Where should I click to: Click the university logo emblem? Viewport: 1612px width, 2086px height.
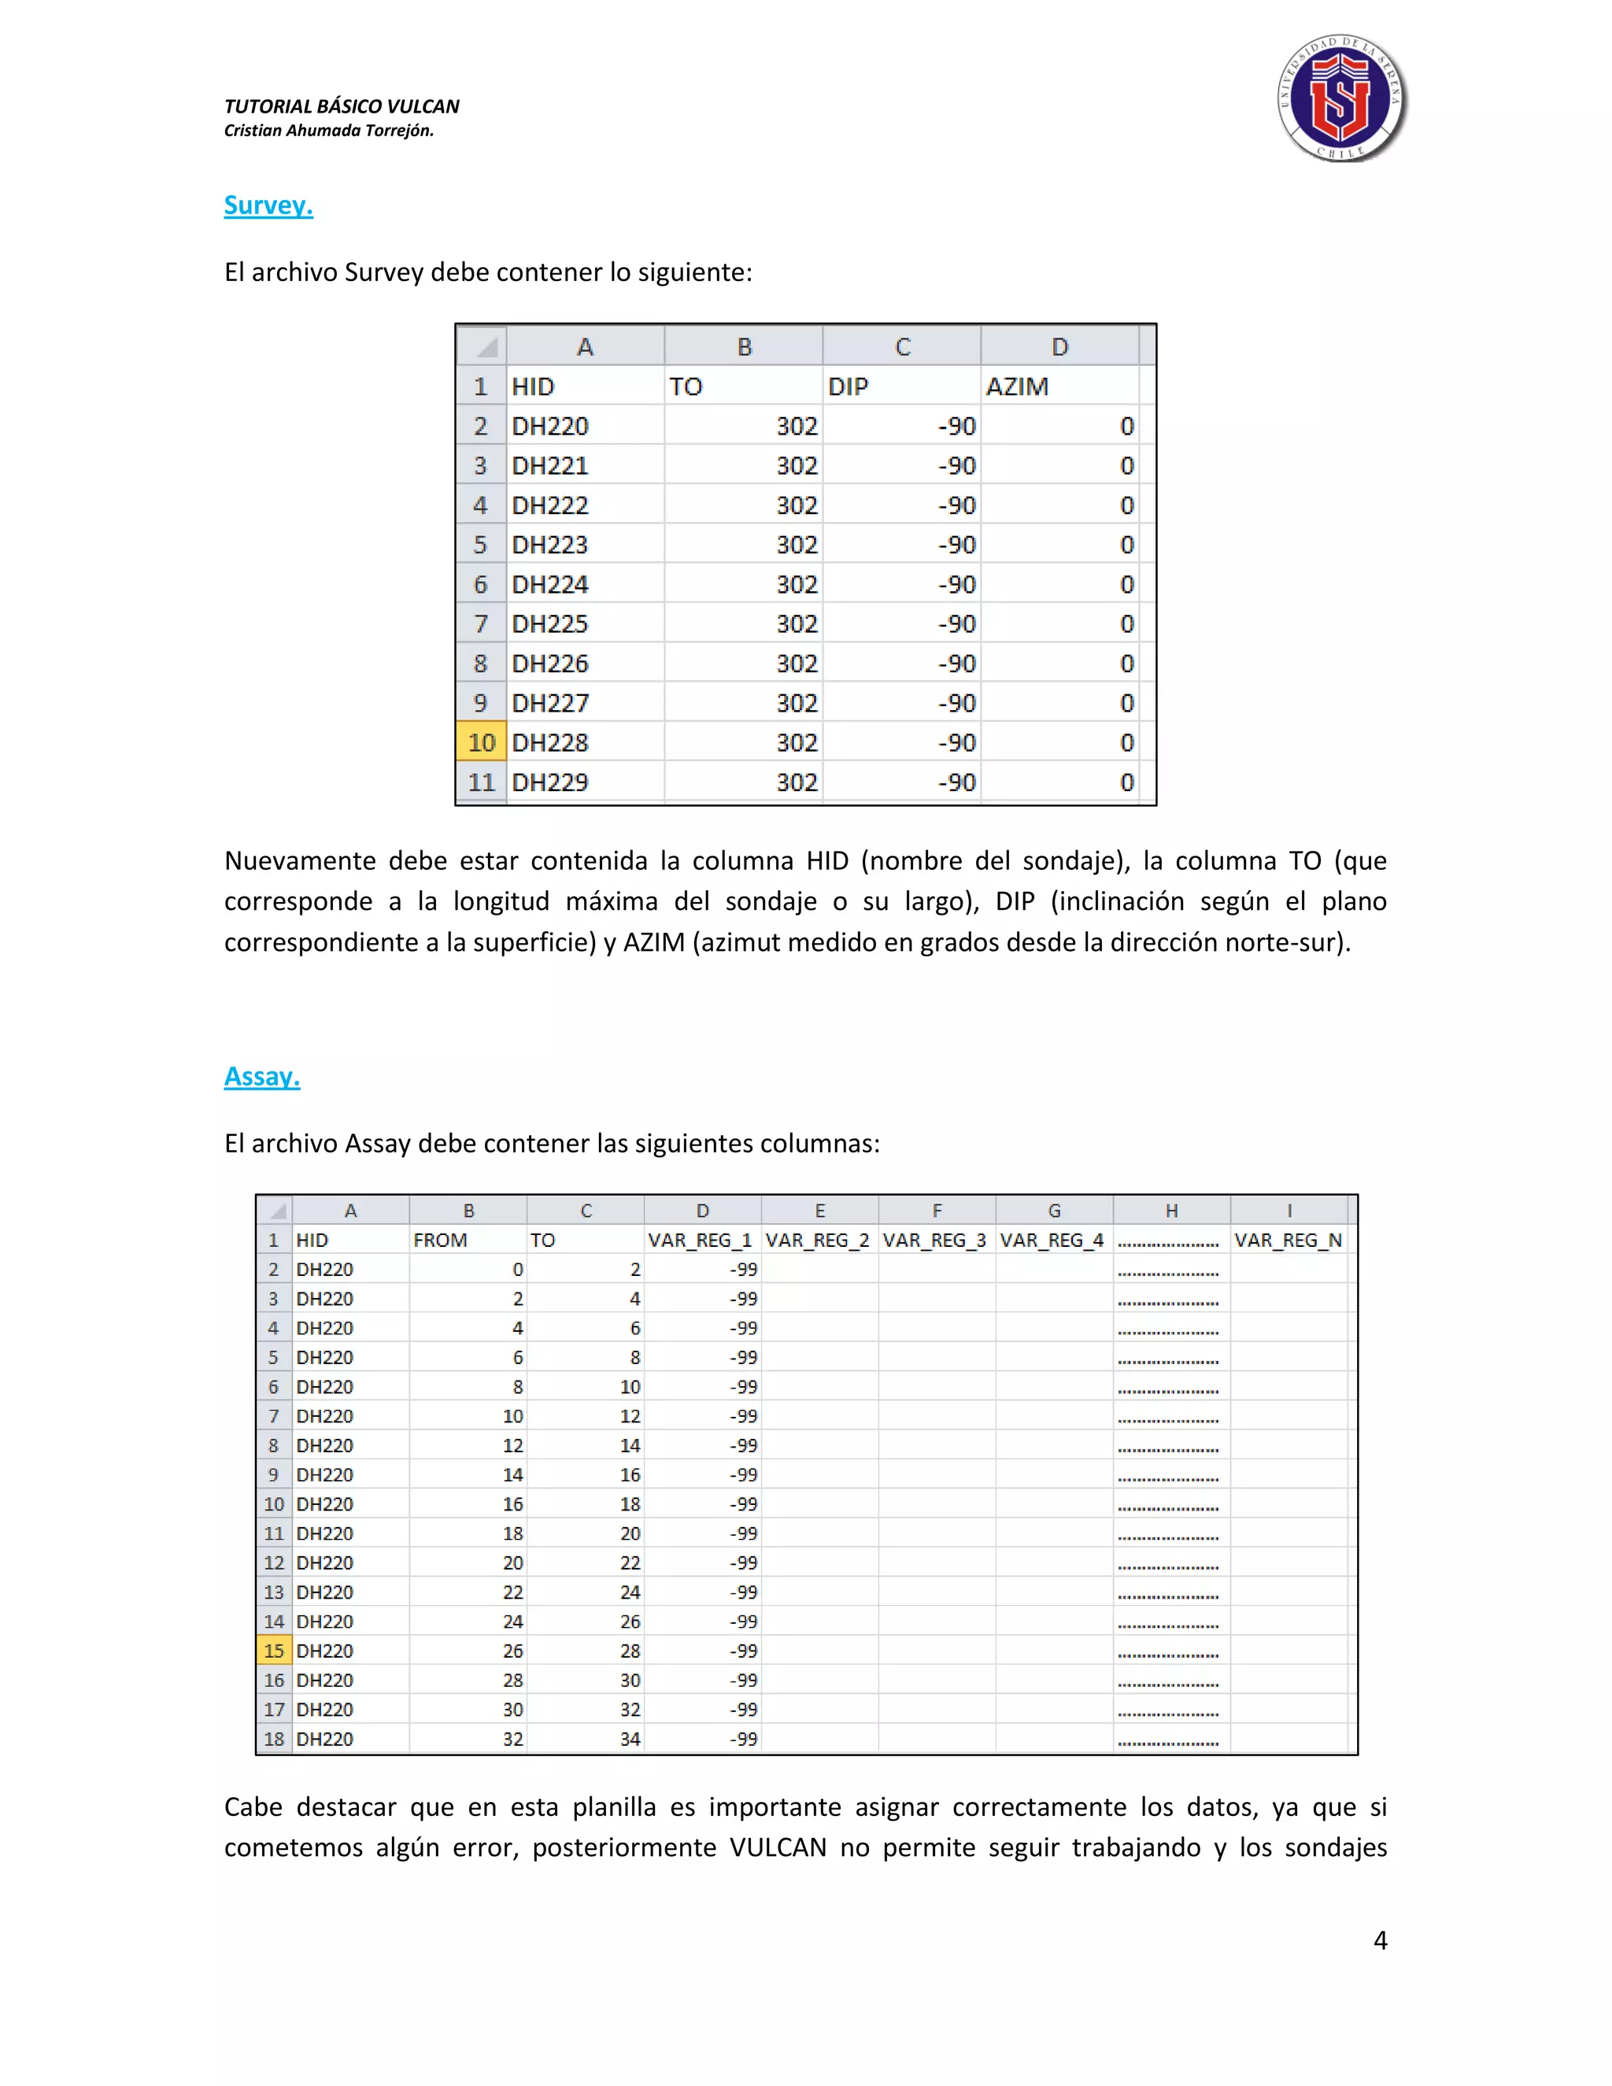pos(1342,98)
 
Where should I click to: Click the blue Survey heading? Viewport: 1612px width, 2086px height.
pos(268,205)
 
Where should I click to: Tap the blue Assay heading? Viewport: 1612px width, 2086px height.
pos(261,1076)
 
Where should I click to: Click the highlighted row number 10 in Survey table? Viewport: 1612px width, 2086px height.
pos(481,742)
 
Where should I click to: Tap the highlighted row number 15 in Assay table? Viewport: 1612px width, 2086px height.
pos(274,1651)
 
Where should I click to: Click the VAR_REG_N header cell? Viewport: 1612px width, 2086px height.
pos(1288,1240)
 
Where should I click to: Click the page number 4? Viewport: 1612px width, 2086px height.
pos(1380,1940)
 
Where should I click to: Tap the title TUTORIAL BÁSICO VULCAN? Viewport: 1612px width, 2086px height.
pos(341,106)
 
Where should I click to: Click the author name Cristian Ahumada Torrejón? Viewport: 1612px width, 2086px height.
pos(328,131)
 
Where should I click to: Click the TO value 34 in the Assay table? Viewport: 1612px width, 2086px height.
pos(630,1738)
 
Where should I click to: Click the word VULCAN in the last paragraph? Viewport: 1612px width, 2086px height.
pos(778,1847)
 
